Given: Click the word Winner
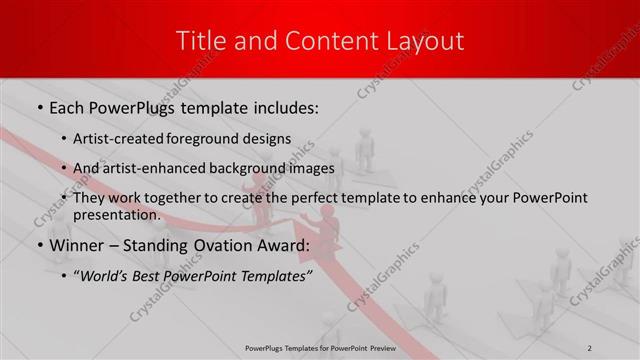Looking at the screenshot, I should [76, 245].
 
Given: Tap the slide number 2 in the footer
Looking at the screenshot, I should [590, 347].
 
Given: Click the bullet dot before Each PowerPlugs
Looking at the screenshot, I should [39, 107].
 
